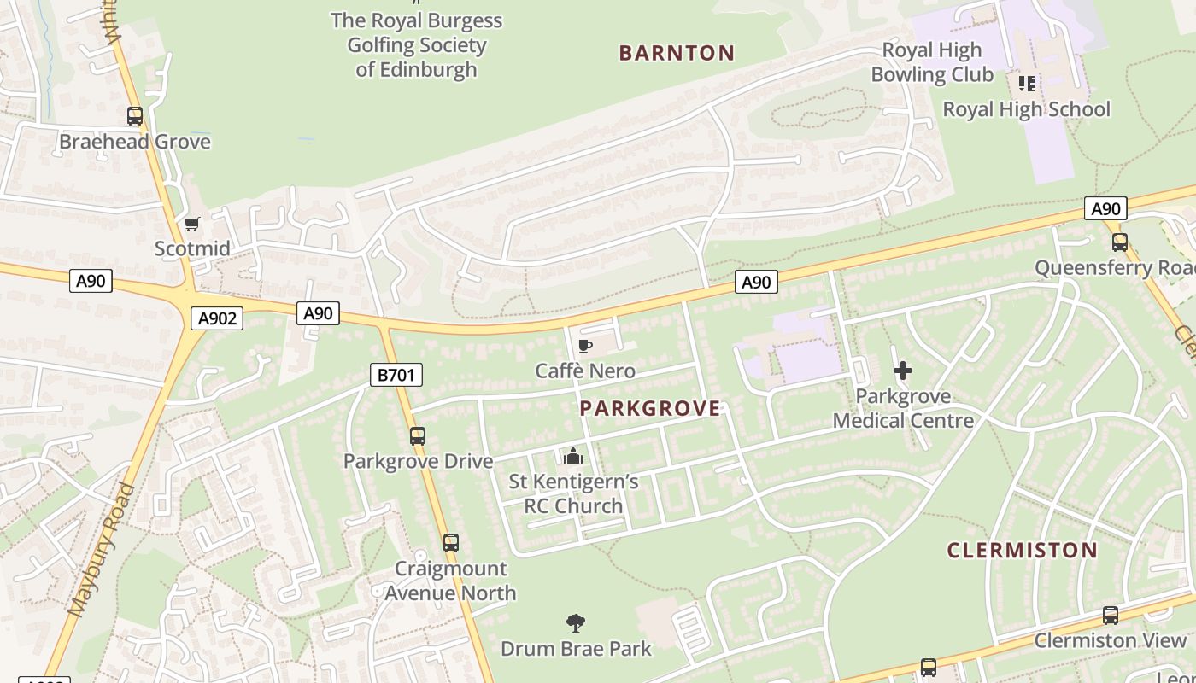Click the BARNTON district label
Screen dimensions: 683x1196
tap(677, 53)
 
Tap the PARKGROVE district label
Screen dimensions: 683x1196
tap(650, 408)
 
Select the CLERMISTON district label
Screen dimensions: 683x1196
tap(1022, 550)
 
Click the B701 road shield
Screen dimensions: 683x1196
tap(396, 375)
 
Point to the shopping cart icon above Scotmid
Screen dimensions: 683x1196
tap(192, 224)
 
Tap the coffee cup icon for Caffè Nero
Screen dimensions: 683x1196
tap(585, 346)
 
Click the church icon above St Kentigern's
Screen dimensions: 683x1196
tap(573, 456)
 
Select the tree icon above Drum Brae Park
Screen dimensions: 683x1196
tap(576, 623)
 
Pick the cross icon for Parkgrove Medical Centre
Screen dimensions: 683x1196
tap(902, 371)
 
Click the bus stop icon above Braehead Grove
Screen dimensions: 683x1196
tap(135, 116)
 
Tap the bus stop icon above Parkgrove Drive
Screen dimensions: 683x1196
tap(418, 436)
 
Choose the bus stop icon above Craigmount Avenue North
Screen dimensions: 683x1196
tap(450, 543)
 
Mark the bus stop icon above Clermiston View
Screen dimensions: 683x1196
tap(1110, 616)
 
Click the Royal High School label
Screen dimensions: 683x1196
tap(1026, 109)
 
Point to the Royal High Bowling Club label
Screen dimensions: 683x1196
tap(932, 62)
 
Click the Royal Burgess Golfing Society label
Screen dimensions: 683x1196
tap(416, 45)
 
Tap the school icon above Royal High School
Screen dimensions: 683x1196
tap(1026, 84)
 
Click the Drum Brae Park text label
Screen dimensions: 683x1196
tap(576, 649)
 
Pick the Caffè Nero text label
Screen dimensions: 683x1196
tap(585, 371)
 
